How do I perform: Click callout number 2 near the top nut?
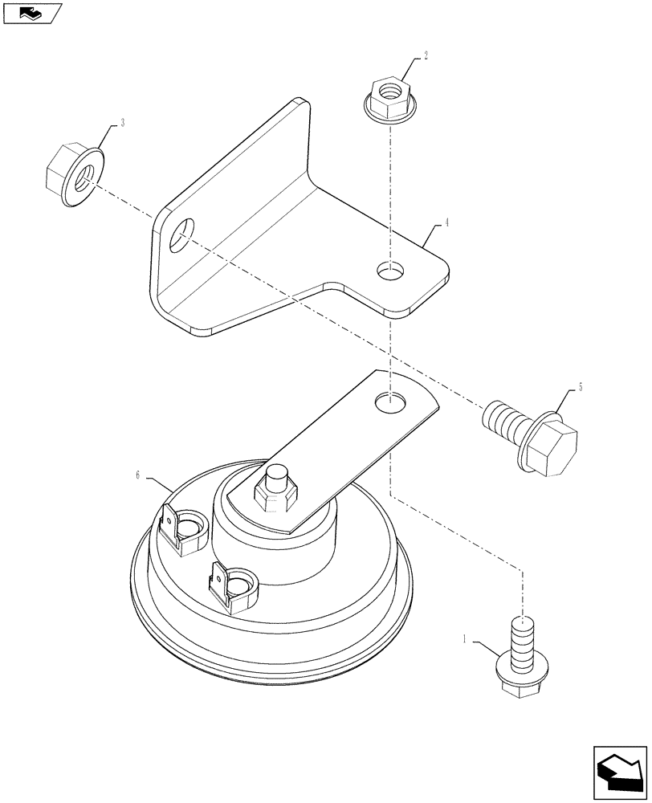(x=426, y=55)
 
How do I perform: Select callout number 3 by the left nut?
(x=122, y=123)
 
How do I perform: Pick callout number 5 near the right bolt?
(x=581, y=387)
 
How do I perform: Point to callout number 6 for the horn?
(x=138, y=476)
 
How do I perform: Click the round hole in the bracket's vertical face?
(x=183, y=233)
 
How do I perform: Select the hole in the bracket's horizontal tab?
(x=389, y=273)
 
